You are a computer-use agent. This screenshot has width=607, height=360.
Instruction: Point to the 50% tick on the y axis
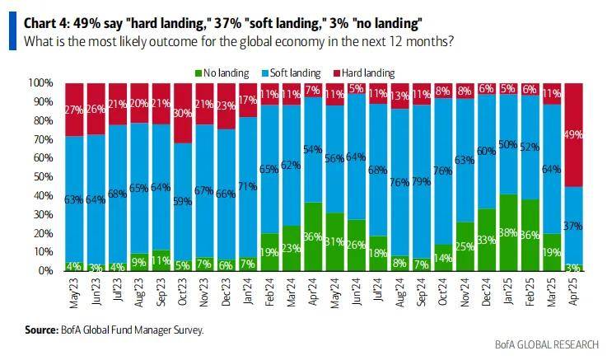tap(42, 176)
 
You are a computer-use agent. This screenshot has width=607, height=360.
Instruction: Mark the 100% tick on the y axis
tap(40, 83)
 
